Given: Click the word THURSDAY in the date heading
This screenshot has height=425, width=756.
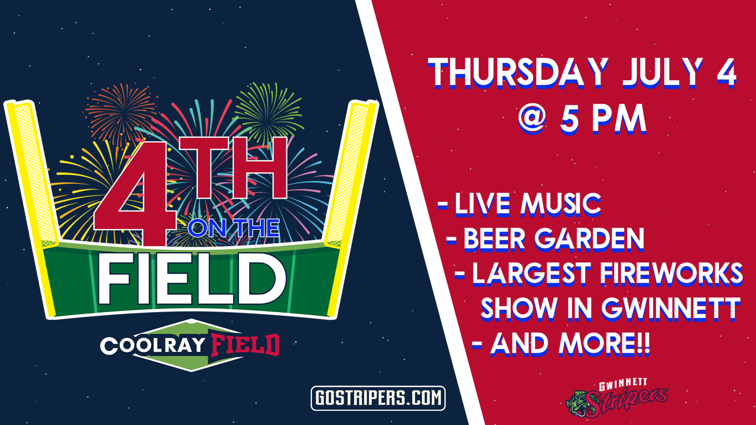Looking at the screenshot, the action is [x=518, y=73].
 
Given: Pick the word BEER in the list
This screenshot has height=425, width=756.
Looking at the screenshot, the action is [x=494, y=239].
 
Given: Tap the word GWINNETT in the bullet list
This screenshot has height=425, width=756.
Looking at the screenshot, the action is [x=671, y=309].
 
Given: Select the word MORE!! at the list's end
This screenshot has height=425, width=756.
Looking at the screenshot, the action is [x=604, y=344].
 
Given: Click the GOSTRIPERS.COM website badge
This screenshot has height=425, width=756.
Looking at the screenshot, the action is [x=378, y=398].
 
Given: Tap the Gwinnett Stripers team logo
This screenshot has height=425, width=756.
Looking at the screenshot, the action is [x=617, y=398].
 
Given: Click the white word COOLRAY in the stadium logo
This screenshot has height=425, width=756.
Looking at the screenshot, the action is [x=153, y=346].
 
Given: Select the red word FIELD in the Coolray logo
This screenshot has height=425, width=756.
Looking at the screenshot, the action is [x=245, y=345].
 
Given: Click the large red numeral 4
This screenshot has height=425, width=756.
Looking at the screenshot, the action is [x=135, y=193].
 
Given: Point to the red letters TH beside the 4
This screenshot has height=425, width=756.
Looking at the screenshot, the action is [x=234, y=168].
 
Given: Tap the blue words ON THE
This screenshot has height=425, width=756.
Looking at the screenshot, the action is [x=234, y=228].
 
